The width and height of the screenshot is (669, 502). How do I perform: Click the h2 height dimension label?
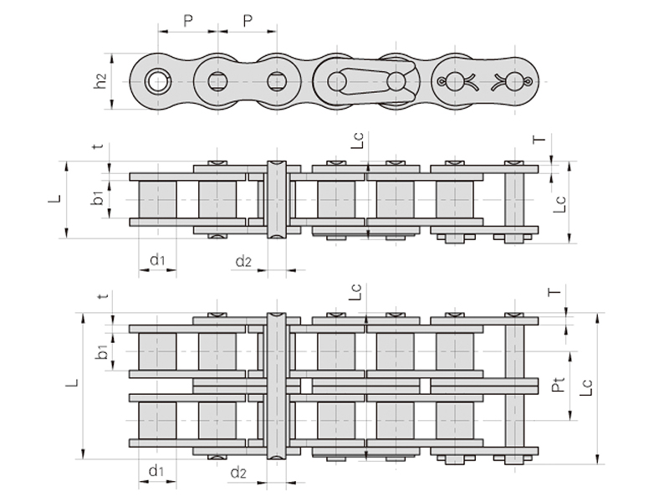pos(100,81)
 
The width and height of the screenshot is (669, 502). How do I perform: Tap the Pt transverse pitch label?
pos(559,385)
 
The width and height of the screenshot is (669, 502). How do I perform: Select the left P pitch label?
pos(187,20)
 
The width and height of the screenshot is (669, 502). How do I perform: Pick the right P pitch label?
pos(248,20)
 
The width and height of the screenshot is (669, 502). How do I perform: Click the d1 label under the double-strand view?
pos(156,471)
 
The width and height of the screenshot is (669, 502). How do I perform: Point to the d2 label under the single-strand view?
pos(243,261)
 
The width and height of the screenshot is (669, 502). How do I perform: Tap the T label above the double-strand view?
pos(554,292)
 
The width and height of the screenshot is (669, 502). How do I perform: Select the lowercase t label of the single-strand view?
pos(99,146)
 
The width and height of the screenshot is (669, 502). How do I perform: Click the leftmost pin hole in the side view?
pos(157,81)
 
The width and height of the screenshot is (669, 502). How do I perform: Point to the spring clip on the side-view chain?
pos(371,81)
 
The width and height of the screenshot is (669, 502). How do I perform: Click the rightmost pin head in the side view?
pos(514,81)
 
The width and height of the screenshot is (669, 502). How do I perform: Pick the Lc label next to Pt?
pos(586,387)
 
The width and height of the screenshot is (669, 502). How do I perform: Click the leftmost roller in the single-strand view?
pos(157,199)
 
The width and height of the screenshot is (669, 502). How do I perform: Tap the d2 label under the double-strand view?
pos(238,473)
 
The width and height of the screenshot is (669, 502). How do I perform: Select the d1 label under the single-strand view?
pos(157,259)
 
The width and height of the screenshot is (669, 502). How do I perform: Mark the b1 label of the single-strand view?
pos(98,198)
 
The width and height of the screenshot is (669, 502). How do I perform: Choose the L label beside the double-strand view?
pos(73,382)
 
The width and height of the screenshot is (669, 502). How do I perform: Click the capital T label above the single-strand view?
pos(539,139)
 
